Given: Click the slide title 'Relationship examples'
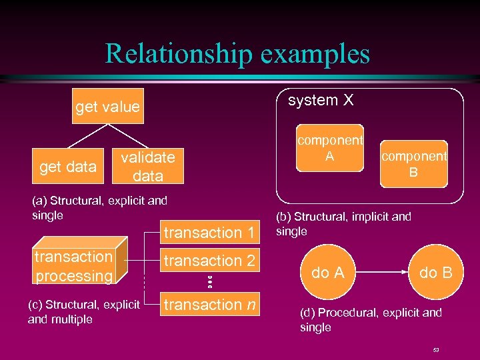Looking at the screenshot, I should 237,53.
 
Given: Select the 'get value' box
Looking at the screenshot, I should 107,107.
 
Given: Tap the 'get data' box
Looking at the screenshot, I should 67,167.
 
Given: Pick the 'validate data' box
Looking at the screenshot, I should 147,167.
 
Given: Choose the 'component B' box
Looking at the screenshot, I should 414,163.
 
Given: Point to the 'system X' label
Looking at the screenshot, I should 321,101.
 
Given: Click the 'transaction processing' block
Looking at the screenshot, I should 74,266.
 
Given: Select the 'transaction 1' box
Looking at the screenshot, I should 209,233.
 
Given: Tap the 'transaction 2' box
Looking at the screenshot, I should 209,261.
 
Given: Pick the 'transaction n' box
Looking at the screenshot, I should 209,305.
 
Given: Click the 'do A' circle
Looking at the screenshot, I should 328,273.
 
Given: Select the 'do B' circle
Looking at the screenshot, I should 436,273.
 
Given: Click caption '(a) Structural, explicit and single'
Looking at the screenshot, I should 99,207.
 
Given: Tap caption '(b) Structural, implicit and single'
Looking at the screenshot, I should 343,224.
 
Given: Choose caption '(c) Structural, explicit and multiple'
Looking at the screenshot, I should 83,312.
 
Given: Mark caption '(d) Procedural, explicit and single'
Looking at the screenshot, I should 371,320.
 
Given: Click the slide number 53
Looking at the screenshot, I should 436,349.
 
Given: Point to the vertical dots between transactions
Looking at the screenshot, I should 209,281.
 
